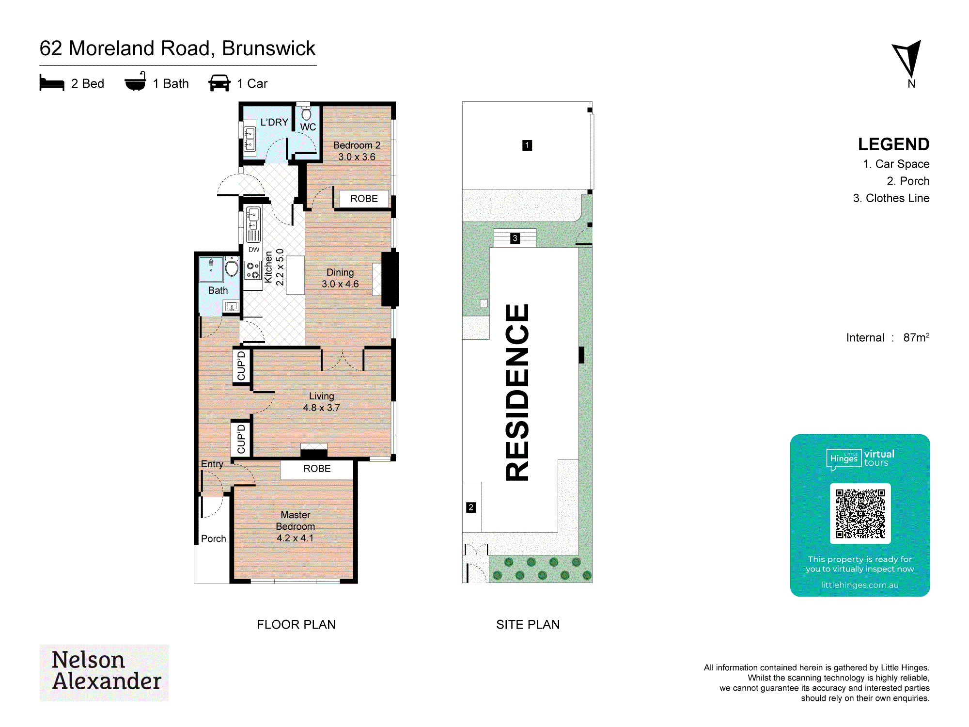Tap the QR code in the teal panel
tap(860, 513)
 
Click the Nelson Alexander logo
tap(104, 672)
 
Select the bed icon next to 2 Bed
tap(52, 83)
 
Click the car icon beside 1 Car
tap(219, 83)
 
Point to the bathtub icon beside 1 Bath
tap(135, 81)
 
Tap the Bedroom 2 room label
tap(357, 151)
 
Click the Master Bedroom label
tap(296, 526)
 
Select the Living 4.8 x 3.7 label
tap(321, 402)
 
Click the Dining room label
tap(340, 278)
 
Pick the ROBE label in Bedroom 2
tap(364, 199)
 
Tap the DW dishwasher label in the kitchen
tap(254, 250)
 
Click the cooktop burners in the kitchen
tap(252, 270)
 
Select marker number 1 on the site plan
tap(527, 145)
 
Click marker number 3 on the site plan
tap(515, 238)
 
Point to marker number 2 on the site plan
tap(471, 507)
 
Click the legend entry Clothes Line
tap(891, 198)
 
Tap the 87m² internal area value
tap(916, 337)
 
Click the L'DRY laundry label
tap(274, 122)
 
